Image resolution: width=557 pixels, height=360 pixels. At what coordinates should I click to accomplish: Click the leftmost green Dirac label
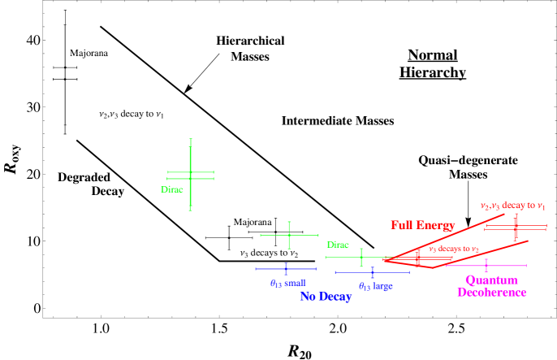(x=172, y=189)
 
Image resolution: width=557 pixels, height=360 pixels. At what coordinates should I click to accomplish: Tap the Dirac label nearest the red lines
(x=338, y=245)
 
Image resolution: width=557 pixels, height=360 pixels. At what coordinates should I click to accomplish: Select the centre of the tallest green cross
(x=191, y=175)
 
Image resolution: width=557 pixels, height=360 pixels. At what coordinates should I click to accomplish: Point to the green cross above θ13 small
(x=289, y=235)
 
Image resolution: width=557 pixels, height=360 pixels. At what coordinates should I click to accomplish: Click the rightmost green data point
(x=361, y=258)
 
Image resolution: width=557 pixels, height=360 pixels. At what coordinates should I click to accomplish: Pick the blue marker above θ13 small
(x=286, y=268)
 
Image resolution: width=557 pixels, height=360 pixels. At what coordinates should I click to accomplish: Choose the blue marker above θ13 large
(x=373, y=272)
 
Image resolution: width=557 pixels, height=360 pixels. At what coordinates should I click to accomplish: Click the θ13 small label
(x=287, y=283)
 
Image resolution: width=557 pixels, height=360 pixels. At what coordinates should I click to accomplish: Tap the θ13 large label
(x=376, y=286)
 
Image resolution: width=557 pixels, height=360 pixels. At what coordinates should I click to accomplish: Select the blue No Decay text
(x=326, y=297)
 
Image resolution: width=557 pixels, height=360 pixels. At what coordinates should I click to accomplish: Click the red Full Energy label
(x=423, y=225)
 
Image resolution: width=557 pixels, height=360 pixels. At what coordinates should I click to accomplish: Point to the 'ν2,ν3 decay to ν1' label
(x=512, y=206)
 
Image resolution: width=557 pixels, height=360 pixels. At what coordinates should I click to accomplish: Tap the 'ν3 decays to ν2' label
(x=454, y=249)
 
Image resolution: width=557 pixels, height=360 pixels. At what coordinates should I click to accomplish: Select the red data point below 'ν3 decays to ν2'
(x=418, y=259)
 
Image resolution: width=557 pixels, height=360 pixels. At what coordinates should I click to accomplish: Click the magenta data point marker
(x=486, y=266)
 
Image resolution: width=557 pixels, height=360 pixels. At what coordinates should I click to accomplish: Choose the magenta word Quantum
(x=491, y=280)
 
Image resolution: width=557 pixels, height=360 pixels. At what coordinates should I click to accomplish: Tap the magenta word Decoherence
(x=491, y=293)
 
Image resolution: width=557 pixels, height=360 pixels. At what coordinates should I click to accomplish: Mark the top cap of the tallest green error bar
(x=191, y=140)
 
